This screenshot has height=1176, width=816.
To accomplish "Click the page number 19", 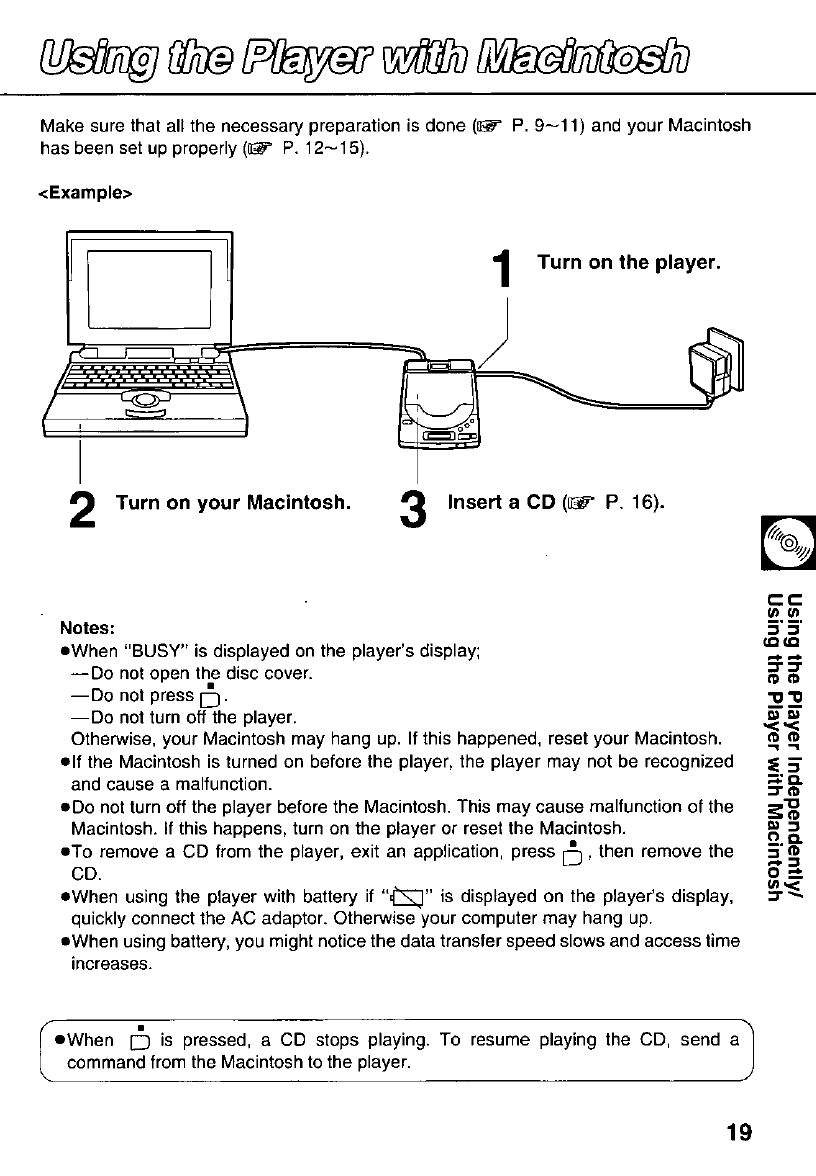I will click(x=739, y=1132).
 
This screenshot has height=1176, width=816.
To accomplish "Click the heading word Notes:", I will click(x=89, y=629).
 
